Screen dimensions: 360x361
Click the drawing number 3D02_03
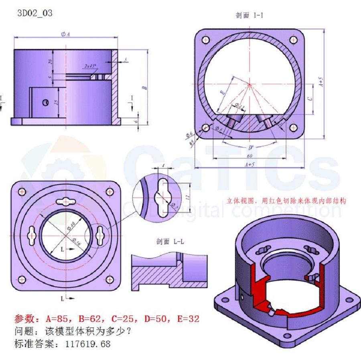pyautogui.click(x=34, y=14)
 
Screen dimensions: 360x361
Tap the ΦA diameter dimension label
pyautogui.click(x=65, y=35)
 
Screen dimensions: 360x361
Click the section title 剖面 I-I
pyautogui.click(x=249, y=16)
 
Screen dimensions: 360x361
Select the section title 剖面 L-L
pyautogui.click(x=169, y=242)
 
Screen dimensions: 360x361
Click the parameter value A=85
pyautogui.click(x=59, y=319)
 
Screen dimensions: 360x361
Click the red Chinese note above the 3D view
pyautogui.click(x=286, y=200)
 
